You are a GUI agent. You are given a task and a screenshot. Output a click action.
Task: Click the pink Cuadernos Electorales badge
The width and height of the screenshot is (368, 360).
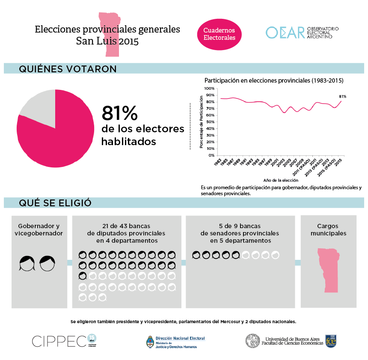pyautogui.click(x=219, y=34)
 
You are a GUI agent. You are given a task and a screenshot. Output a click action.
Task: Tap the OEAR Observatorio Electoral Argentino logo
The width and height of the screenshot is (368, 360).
pyautogui.click(x=302, y=33)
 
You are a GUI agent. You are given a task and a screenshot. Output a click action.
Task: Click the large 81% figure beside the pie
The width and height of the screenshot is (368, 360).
pyautogui.click(x=119, y=113)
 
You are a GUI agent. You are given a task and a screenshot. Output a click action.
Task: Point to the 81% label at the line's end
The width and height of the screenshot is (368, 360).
pyautogui.click(x=342, y=96)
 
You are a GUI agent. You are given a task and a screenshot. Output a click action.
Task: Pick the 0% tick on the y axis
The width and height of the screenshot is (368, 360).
pyautogui.click(x=211, y=155)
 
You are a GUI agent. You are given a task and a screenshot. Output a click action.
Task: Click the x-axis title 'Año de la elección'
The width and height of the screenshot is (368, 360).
pyautogui.click(x=281, y=181)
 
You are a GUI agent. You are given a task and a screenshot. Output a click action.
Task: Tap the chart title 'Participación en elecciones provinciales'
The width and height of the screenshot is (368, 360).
pyautogui.click(x=274, y=80)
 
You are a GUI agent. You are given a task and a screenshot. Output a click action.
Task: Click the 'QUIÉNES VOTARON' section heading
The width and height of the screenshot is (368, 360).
pyautogui.click(x=68, y=69)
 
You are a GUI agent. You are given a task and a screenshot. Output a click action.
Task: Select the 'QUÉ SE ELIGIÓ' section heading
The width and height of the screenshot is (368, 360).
pyautogui.click(x=55, y=203)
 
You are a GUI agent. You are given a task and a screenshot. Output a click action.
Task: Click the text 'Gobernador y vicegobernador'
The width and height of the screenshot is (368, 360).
pyautogui.click(x=39, y=229)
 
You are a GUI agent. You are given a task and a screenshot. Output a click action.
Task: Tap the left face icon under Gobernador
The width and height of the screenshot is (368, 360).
pyautogui.click(x=27, y=263)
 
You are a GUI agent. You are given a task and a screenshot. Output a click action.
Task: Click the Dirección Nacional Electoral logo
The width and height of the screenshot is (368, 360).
pyautogui.click(x=175, y=341)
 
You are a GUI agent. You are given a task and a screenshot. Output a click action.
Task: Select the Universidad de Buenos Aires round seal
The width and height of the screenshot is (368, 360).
pyautogui.click(x=252, y=341)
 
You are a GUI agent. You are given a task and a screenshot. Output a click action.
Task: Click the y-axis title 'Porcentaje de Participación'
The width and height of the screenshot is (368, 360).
pyautogui.click(x=202, y=122)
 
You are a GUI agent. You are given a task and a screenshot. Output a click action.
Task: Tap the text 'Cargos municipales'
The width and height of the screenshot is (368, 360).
pyautogui.click(x=328, y=229)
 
